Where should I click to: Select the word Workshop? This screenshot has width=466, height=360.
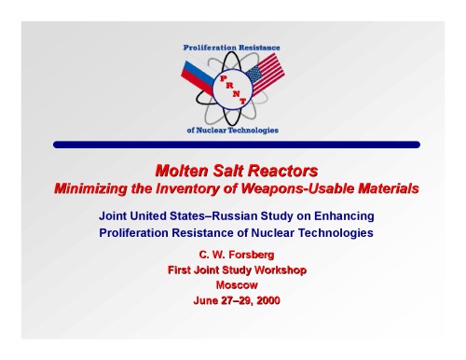point(276,270)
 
